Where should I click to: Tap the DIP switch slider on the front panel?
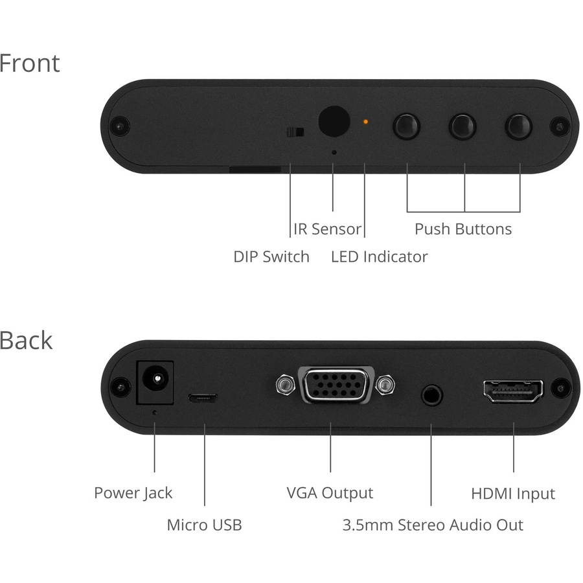(x=295, y=133)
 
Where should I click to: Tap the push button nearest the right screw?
(x=518, y=125)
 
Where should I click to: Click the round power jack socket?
(x=155, y=382)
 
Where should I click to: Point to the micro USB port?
(x=203, y=397)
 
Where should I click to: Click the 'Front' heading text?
(x=29, y=63)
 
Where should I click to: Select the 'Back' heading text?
(x=26, y=341)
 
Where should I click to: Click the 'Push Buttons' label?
(x=463, y=229)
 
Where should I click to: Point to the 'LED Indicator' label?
(x=379, y=257)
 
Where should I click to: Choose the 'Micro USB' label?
(x=204, y=525)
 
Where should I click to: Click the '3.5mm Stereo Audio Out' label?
(x=432, y=525)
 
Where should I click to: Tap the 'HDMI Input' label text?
(x=512, y=494)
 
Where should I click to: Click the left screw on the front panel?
(x=120, y=124)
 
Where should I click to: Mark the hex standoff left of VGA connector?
(x=282, y=385)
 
